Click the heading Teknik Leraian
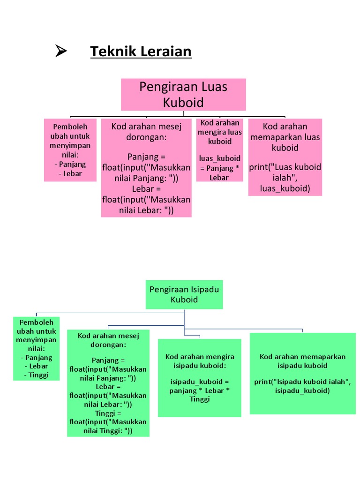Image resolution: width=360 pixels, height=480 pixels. point(141,51)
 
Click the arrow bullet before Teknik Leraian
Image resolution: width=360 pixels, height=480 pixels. point(61,51)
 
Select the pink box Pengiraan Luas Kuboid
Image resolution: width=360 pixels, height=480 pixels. point(183,95)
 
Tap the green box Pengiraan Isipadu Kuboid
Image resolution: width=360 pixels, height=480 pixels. point(184,294)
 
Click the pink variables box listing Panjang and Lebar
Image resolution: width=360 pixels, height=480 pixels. point(70,150)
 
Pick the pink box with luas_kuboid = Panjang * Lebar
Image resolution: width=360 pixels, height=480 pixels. point(219,150)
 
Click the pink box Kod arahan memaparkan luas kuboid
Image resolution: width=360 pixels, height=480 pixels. point(285,157)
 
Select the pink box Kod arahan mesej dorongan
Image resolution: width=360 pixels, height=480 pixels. point(146,168)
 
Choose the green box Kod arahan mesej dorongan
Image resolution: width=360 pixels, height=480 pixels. point(108,383)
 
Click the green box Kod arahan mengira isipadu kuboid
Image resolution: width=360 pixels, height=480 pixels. point(200,378)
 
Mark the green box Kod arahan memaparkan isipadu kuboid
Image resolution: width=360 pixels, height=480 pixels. point(302,374)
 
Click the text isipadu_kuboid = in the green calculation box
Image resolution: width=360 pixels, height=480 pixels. point(200,382)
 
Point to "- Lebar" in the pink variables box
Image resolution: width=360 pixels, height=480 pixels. point(70,173)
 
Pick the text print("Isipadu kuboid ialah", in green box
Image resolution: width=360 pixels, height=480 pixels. point(302,382)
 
